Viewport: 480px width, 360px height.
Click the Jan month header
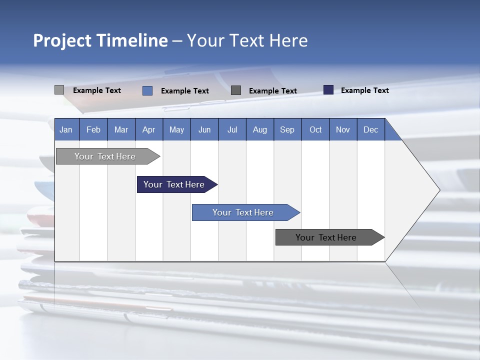coord(66,129)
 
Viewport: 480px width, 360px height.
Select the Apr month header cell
coord(149,129)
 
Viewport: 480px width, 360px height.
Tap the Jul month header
coord(232,129)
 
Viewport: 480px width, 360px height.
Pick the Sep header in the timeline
coord(287,129)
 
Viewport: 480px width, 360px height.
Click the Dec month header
coord(370,129)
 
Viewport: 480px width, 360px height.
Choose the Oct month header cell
coord(315,129)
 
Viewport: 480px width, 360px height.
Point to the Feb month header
coord(93,129)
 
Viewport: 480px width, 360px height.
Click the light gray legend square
coord(59,90)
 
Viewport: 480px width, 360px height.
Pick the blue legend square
coord(147,90)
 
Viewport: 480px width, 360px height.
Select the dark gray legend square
coord(236,90)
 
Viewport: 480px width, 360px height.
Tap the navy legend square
coord(328,90)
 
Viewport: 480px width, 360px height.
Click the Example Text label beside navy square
coord(364,90)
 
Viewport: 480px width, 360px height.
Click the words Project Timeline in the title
coord(100,40)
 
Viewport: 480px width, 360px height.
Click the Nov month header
coord(343,129)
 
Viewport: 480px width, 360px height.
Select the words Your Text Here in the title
coord(247,40)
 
